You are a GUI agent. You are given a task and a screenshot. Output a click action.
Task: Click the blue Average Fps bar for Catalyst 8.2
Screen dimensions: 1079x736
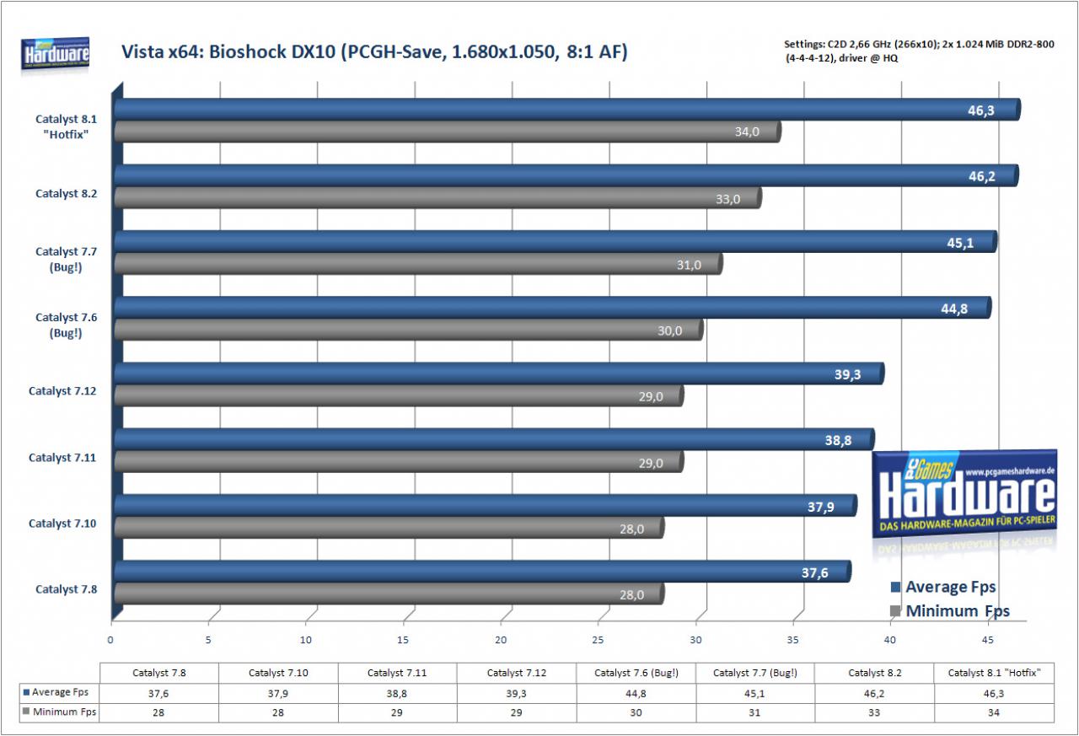click(566, 175)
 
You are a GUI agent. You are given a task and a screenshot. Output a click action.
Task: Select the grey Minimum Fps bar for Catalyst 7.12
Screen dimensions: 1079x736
click(399, 396)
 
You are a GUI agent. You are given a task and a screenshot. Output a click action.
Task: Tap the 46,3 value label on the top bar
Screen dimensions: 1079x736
click(980, 110)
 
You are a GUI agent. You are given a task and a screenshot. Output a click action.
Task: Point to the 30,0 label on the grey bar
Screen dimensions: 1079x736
click(669, 331)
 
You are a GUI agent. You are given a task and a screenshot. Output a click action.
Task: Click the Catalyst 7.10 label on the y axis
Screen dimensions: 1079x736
click(62, 523)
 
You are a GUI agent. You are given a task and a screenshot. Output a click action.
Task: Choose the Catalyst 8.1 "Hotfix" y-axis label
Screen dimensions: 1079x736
click(66, 126)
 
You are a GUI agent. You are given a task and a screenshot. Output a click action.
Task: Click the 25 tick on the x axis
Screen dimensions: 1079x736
click(598, 640)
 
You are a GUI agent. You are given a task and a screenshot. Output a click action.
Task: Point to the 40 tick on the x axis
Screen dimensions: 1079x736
click(889, 640)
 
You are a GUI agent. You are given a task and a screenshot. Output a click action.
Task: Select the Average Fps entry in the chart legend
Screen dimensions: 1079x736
click(943, 587)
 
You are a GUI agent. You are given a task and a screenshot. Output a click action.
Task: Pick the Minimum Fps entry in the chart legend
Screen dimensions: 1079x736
click(949, 610)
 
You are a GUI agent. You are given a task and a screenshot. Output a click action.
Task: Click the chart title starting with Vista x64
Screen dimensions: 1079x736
click(374, 51)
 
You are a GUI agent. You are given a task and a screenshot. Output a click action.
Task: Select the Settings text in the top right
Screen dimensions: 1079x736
click(919, 51)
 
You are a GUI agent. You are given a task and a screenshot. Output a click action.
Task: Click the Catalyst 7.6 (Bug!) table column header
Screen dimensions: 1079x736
click(636, 673)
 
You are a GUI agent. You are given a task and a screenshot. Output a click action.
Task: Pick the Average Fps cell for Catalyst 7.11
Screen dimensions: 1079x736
click(397, 694)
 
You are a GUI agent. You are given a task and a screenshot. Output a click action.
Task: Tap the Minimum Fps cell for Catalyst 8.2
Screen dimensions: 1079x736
click(874, 712)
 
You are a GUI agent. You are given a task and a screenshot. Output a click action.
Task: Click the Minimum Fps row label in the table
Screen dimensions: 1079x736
click(59, 712)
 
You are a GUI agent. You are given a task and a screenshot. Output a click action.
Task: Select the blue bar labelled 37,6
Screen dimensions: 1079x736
click(482, 572)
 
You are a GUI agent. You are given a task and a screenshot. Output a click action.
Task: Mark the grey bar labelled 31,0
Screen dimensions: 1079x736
click(418, 264)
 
